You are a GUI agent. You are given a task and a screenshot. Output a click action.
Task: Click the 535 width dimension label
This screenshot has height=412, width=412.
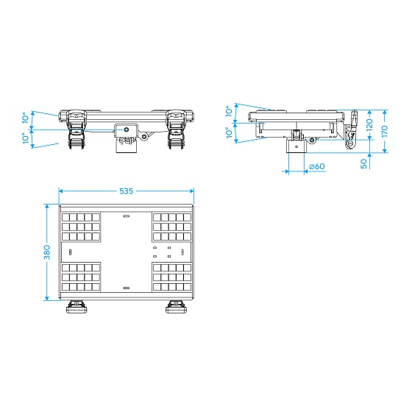click(126, 191)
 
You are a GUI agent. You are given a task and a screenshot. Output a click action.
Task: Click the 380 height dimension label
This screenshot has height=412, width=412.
click(47, 252)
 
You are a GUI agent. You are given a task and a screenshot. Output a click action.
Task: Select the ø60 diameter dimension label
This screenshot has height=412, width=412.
click(317, 166)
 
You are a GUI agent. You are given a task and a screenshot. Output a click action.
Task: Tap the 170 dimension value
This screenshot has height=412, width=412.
click(384, 131)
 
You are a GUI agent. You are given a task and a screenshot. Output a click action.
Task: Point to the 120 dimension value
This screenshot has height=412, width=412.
click(369, 125)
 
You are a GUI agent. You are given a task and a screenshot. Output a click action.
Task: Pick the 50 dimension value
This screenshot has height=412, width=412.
click(363, 163)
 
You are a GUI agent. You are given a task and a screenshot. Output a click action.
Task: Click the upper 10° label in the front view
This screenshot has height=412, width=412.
click(26, 118)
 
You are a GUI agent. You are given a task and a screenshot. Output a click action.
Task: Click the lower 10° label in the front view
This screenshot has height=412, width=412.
click(26, 138)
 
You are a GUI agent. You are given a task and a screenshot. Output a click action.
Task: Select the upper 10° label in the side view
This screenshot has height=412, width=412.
click(229, 111)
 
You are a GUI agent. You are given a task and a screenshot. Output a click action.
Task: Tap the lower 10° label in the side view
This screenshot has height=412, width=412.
click(229, 132)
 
